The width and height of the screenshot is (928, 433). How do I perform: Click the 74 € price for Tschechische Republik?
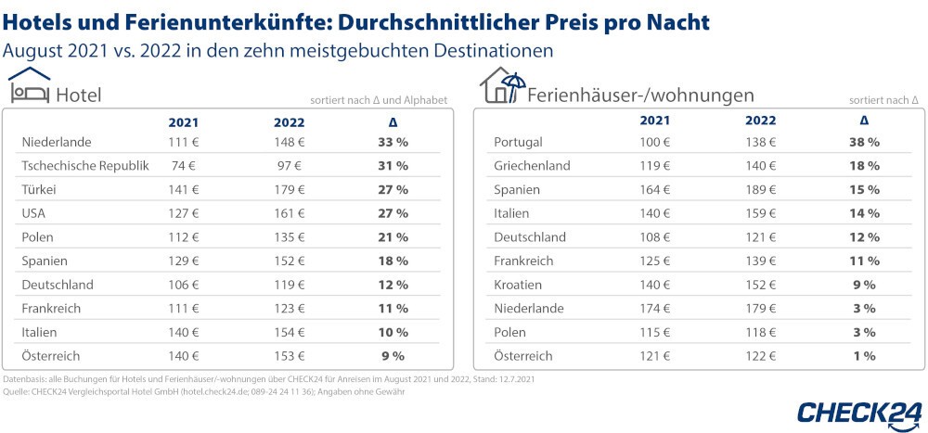[183, 166]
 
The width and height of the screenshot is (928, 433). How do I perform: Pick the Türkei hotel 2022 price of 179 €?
[290, 189]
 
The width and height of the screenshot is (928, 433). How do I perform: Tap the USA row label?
[34, 213]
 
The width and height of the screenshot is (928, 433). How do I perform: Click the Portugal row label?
[519, 142]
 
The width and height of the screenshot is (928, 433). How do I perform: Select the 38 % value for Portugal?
[864, 142]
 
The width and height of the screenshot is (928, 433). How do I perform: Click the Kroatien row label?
[519, 285]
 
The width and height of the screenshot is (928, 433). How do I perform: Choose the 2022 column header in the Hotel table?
[290, 122]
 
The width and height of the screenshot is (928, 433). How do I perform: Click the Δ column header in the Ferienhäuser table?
[864, 121]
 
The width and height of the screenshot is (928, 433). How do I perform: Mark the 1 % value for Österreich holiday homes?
[864, 356]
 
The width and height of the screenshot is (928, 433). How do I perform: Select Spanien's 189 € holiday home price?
[760, 189]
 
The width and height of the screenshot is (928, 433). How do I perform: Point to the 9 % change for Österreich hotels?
[393, 356]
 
